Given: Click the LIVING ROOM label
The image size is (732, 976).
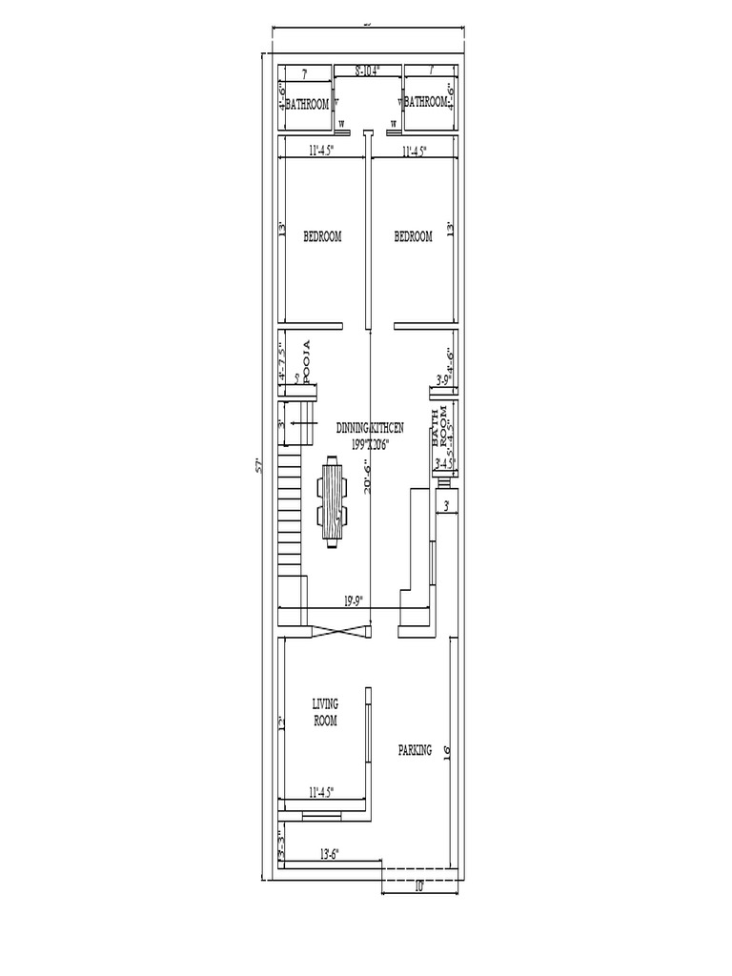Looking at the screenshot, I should click(325, 712).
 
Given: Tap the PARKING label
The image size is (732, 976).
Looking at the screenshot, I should click(415, 750).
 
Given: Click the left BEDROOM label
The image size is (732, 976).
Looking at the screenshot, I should click(322, 236).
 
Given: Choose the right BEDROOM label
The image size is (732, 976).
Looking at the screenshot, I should click(413, 236).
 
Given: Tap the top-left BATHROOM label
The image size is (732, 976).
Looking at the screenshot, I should click(307, 103).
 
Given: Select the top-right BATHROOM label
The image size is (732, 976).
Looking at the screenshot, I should click(425, 101).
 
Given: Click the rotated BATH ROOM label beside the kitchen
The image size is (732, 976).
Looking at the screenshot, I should click(439, 428).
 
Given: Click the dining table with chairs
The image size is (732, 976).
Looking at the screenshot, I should click(332, 502).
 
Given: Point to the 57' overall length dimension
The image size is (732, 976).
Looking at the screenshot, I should click(257, 466).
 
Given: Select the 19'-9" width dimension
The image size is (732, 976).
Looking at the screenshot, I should click(353, 600).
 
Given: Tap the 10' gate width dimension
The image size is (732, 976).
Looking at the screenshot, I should click(418, 886).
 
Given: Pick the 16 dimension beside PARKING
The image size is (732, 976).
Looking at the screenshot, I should click(446, 750).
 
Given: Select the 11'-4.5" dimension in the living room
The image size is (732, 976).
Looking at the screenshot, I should click(326, 792).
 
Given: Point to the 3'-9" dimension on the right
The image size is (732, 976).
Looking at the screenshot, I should click(442, 380).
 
